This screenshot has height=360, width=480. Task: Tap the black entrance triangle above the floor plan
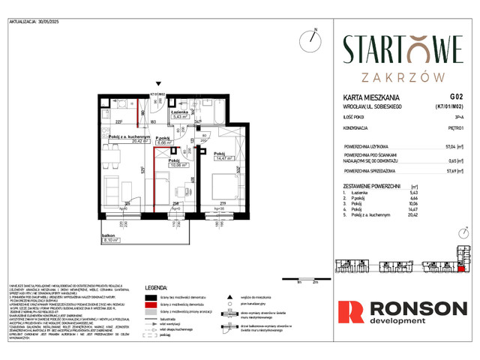click(158, 85)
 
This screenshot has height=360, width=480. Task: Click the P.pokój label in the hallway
click(165, 138)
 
